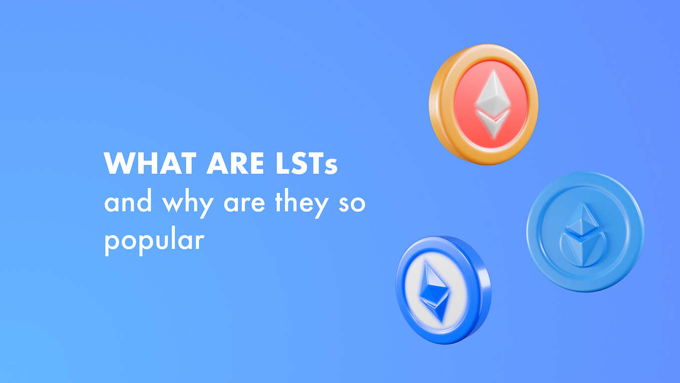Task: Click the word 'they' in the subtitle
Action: (x=300, y=203)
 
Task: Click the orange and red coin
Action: (x=484, y=104)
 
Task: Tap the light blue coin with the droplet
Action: (x=585, y=232)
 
